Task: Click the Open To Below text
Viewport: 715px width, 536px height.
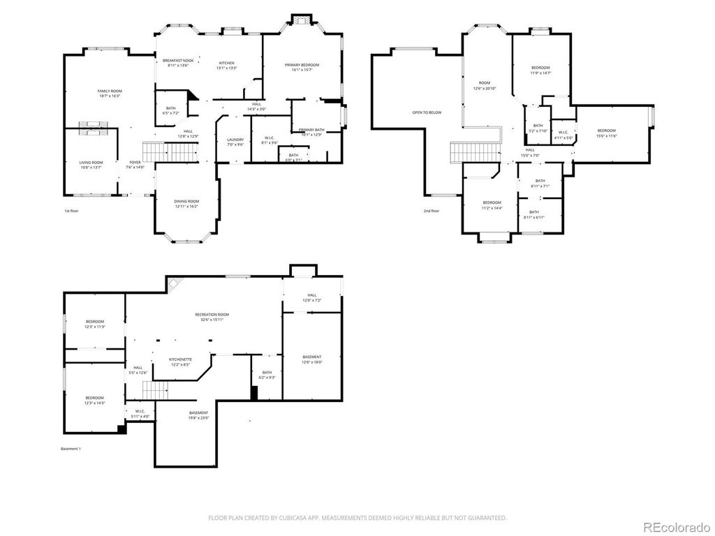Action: click(427, 112)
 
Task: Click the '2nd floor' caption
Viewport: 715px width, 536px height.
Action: click(432, 211)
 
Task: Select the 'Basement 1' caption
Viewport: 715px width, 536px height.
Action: click(71, 448)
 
